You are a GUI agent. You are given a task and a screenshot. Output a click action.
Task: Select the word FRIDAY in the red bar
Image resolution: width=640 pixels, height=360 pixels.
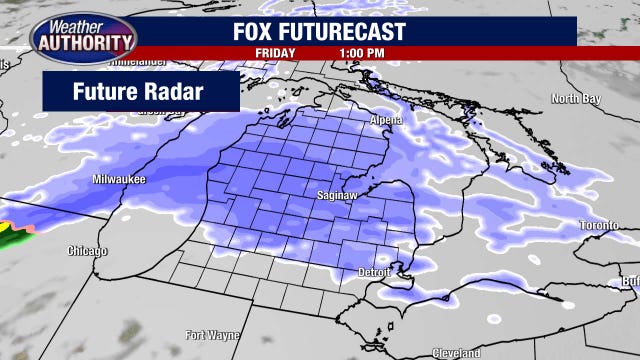point(275,53)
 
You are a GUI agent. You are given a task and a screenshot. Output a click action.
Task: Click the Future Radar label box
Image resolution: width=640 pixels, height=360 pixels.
point(140,92)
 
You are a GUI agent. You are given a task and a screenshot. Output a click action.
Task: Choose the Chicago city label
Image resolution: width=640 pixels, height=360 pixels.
point(87,250)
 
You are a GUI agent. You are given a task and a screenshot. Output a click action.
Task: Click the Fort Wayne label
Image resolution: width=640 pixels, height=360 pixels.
point(213,334)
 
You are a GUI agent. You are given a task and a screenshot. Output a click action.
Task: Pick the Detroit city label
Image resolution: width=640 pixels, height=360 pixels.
point(376,272)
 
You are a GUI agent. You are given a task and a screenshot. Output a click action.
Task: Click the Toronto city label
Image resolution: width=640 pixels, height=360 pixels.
point(599,226)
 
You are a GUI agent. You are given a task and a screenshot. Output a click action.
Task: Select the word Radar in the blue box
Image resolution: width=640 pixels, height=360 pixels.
point(174,92)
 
